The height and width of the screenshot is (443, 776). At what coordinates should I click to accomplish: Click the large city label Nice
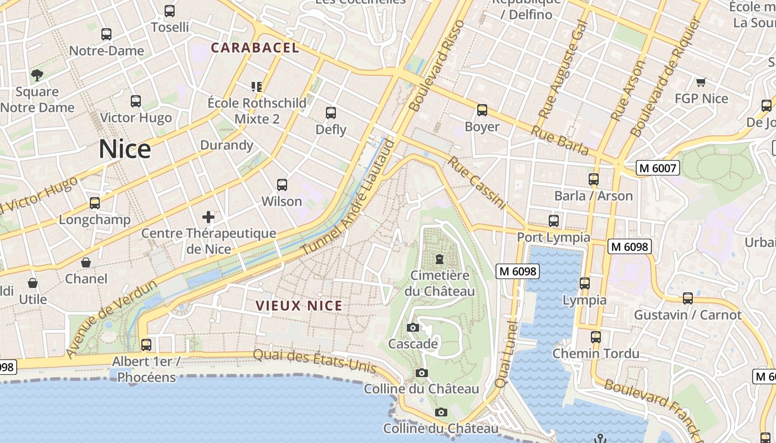click(125, 150)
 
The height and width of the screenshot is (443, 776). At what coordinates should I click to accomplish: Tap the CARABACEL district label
click(255, 48)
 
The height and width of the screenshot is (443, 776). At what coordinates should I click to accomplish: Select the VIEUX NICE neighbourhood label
click(299, 306)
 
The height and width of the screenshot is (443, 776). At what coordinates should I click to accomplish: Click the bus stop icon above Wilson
click(282, 185)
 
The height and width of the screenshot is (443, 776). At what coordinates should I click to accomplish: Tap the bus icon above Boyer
click(482, 110)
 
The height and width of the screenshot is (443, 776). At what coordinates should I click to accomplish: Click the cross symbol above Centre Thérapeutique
click(208, 217)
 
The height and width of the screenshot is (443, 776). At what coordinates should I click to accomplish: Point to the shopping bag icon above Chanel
click(86, 262)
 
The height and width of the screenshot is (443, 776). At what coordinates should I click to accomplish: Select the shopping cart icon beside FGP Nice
click(701, 83)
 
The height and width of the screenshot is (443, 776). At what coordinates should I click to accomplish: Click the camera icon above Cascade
click(412, 327)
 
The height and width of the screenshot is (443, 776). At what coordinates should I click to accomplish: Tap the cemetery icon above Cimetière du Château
click(440, 259)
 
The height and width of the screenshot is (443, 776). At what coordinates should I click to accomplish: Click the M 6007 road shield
click(658, 168)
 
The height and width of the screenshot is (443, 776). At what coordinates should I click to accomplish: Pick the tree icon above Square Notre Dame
click(37, 75)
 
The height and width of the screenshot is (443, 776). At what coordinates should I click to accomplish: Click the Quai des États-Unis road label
click(315, 360)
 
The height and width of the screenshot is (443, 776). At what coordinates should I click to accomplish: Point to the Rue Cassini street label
click(477, 183)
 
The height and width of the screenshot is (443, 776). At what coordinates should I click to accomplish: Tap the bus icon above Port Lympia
click(553, 221)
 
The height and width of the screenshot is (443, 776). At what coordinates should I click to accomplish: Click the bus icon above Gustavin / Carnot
click(688, 298)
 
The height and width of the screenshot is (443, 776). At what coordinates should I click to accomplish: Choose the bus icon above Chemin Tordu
click(596, 337)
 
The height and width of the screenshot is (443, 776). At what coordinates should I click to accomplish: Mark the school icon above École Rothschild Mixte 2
click(256, 86)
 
